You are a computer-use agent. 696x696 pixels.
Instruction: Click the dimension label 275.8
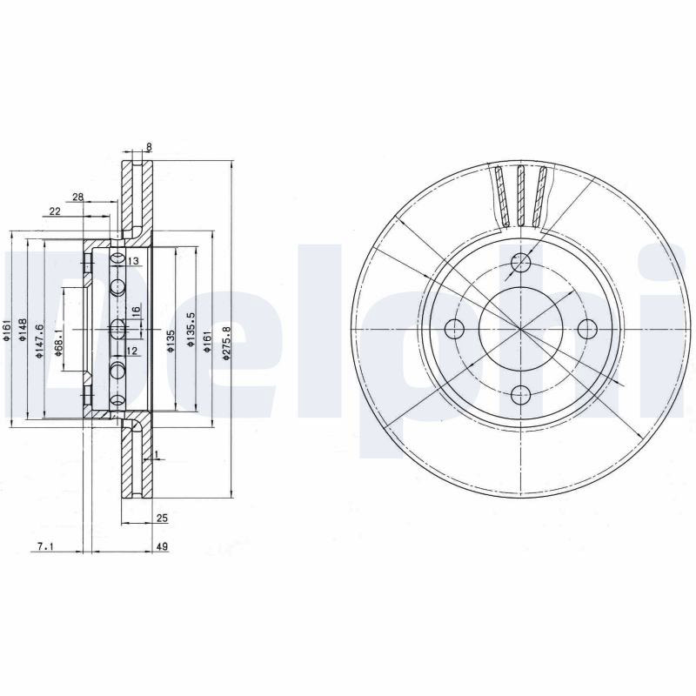pyautogui.click(x=226, y=343)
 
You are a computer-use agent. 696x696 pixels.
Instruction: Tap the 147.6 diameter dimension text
pyautogui.click(x=39, y=341)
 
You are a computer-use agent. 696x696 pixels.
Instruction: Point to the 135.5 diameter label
pyautogui.click(x=191, y=330)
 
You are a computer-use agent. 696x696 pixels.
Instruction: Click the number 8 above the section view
pyautogui.click(x=149, y=146)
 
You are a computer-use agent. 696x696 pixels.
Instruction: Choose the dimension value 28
pyautogui.click(x=77, y=197)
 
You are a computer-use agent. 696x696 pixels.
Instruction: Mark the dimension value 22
pyautogui.click(x=55, y=211)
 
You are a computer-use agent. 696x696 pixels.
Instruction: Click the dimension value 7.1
pyautogui.click(x=45, y=547)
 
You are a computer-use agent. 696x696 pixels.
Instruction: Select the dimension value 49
pyautogui.click(x=162, y=547)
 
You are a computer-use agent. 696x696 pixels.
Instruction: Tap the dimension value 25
pyautogui.click(x=162, y=518)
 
